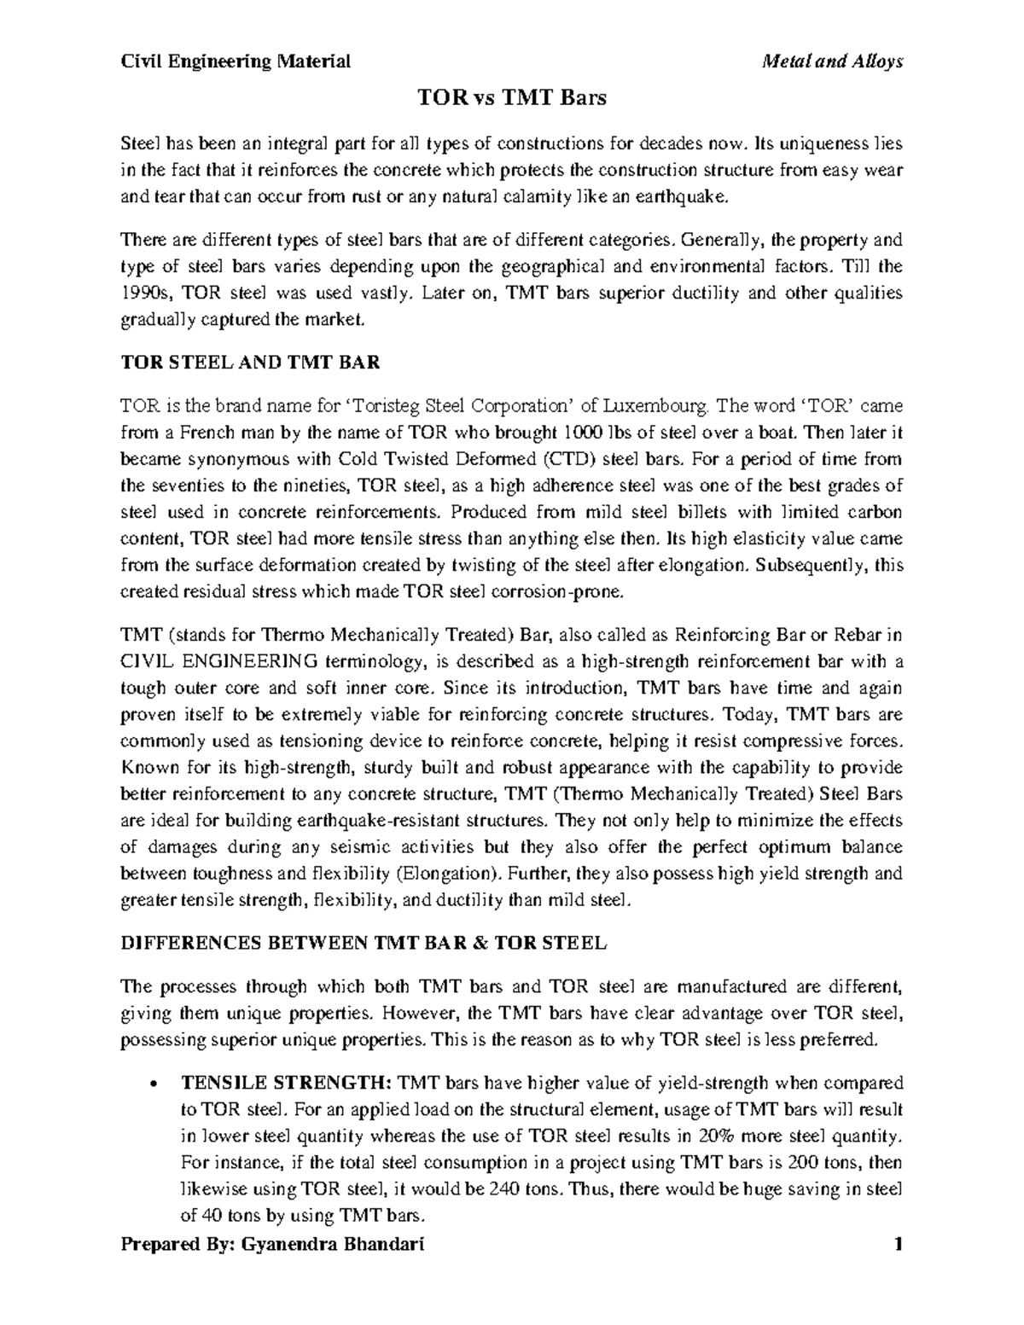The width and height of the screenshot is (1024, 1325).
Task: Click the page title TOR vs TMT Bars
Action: (511, 98)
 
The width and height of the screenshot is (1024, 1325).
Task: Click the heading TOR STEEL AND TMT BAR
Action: (250, 362)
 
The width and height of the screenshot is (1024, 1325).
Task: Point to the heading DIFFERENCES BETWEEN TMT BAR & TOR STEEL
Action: (364, 944)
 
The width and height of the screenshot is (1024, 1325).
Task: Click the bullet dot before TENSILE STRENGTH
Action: (152, 1084)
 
